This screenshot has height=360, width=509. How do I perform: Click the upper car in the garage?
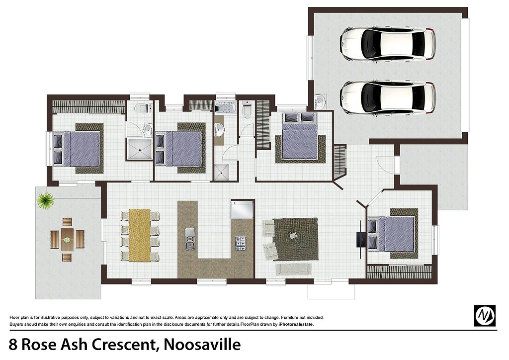click(388, 43)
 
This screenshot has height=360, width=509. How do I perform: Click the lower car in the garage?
click(388, 97)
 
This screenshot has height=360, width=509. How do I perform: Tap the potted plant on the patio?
click(46, 200)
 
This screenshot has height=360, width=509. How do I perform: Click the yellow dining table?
click(140, 235)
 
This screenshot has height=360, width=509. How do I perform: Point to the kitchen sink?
click(189, 238)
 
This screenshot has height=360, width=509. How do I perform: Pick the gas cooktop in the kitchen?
click(241, 243)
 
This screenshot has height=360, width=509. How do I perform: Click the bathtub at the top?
click(227, 108)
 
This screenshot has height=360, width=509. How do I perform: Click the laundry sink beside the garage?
click(321, 102)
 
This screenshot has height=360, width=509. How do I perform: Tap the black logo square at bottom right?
click(485, 315)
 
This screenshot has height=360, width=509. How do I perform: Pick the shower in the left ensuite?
click(139, 149)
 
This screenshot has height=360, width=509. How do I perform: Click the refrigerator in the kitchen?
click(242, 209)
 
